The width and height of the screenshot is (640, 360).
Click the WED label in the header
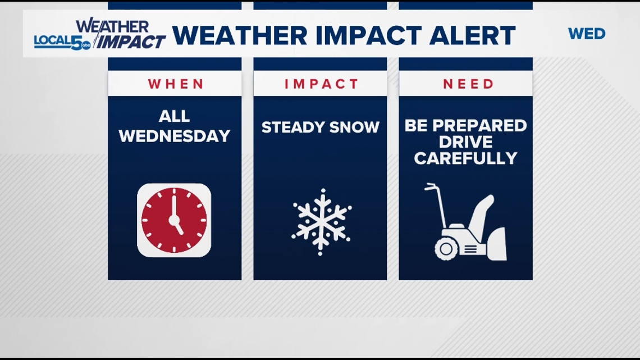click(x=587, y=34)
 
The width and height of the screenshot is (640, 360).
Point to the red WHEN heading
click(x=176, y=84)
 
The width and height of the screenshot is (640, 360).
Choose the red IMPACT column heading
click(x=321, y=84)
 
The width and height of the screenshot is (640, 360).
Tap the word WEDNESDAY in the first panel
click(x=175, y=136)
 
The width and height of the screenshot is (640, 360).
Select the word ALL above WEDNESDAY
click(x=174, y=116)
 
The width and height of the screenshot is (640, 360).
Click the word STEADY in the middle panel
click(x=292, y=127)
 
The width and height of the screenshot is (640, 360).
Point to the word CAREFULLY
click(x=465, y=158)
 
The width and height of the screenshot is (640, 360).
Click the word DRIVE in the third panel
click(x=466, y=141)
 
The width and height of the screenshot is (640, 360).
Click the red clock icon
click(x=174, y=220)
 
